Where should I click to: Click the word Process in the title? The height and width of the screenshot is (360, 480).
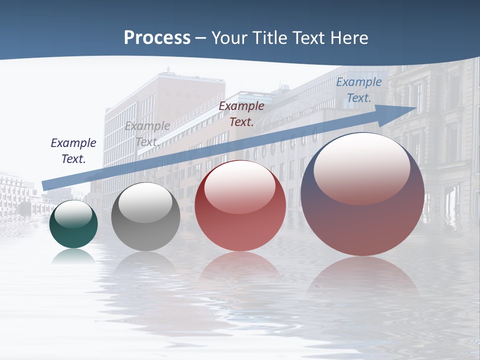click(157, 38)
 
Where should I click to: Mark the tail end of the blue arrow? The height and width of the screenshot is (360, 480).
click(44, 185)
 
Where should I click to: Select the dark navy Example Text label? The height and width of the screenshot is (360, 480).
click(73, 150)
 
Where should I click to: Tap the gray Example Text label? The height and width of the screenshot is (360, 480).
click(147, 133)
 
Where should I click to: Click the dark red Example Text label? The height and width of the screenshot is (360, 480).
click(241, 113)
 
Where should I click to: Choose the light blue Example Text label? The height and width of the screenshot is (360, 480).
click(358, 89)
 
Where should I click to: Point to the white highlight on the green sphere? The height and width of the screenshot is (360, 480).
click(73, 214)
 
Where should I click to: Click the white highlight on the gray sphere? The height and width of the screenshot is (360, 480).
click(145, 202)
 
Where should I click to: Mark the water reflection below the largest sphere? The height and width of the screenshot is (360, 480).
click(362, 277)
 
